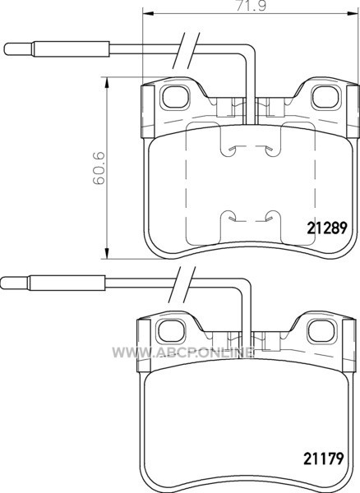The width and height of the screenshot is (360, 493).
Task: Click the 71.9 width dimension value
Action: (251, 7)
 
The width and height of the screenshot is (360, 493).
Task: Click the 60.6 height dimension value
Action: (98, 168)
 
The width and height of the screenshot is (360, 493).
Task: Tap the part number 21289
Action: (327, 228)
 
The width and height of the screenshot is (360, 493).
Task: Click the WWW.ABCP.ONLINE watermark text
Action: (183, 352)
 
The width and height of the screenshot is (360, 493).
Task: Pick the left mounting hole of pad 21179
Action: (171, 331)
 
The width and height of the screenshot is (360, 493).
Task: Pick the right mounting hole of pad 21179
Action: (321, 331)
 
